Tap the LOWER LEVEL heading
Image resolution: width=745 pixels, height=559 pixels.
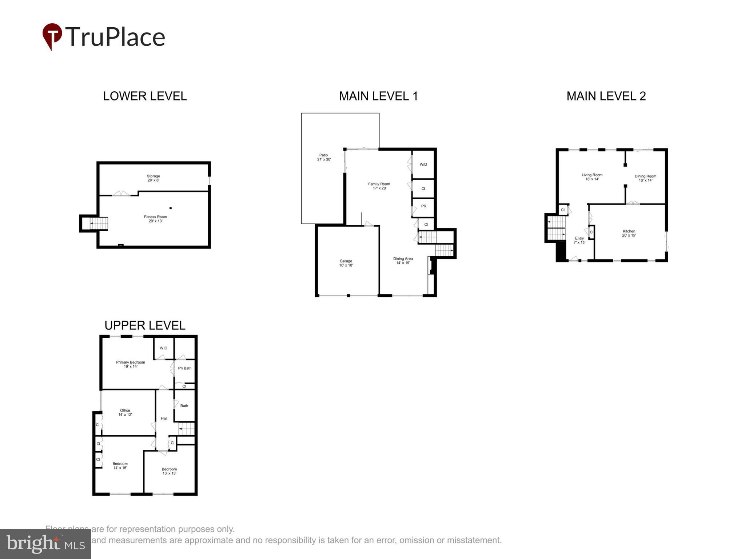[x=145, y=96]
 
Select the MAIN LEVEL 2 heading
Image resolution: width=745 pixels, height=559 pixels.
[x=606, y=96]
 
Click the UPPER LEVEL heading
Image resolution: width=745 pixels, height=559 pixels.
[x=145, y=325]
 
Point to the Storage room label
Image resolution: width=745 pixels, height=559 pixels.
[x=153, y=178]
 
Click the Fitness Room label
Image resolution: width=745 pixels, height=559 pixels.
[x=155, y=219]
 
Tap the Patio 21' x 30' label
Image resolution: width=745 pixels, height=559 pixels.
[x=324, y=157]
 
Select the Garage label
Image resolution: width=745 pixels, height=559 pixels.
[x=346, y=263]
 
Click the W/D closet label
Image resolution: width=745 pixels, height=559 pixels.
[x=423, y=164]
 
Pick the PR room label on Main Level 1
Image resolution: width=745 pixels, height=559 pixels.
[x=423, y=206]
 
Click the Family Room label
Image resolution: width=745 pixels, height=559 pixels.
[x=379, y=186]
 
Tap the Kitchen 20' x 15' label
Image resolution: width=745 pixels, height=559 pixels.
[x=629, y=233]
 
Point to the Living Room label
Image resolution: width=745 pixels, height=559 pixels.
[x=592, y=177]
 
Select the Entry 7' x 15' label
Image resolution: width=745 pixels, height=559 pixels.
[x=579, y=240]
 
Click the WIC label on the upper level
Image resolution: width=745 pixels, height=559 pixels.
[x=163, y=348]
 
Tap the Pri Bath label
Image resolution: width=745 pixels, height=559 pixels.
[x=184, y=368]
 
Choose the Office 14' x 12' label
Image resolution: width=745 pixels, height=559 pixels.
[x=125, y=412]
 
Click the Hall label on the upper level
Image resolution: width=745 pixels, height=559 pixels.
[x=164, y=419]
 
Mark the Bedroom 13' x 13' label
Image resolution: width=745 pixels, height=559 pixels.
[x=169, y=471]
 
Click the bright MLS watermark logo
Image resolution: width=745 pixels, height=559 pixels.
[x=45, y=544]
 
